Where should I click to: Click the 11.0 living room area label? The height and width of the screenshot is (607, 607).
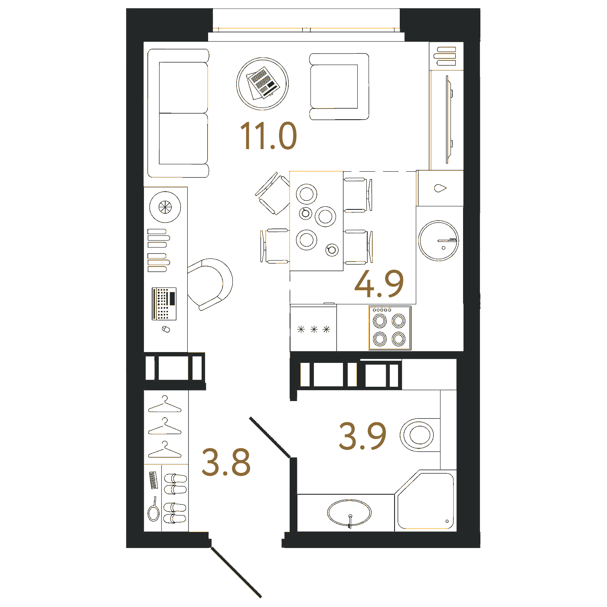[268, 136]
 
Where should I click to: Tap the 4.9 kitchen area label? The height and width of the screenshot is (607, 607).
[379, 284]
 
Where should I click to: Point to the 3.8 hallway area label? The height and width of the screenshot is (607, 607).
[226, 462]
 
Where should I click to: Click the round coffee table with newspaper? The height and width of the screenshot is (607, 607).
[262, 84]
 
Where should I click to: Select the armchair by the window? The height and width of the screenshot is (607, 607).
[339, 86]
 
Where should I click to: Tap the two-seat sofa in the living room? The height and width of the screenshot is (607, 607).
[178, 113]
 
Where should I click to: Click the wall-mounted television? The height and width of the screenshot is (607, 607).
[449, 119]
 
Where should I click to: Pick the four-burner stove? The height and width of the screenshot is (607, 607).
[390, 328]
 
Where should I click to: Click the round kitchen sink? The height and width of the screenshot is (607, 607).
[438, 240]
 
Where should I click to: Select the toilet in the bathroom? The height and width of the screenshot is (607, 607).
[420, 435]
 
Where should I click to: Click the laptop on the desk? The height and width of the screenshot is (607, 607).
[164, 303]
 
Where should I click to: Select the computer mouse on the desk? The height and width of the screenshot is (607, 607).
[166, 329]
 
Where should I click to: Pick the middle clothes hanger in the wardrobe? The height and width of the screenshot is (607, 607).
[165, 426]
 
